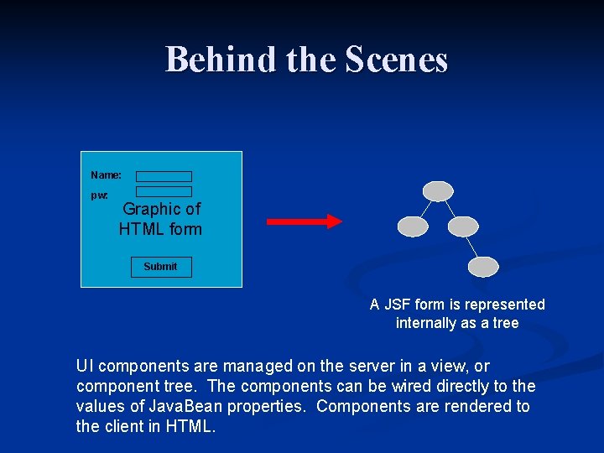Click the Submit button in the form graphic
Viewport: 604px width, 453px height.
point(160,267)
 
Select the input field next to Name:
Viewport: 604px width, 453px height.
point(164,176)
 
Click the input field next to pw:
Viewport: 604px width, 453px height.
point(164,192)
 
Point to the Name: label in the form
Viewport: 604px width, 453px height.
point(106,175)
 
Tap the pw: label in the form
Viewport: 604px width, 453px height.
point(99,195)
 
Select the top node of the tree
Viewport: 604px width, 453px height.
point(438,191)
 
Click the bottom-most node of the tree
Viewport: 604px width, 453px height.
point(483,267)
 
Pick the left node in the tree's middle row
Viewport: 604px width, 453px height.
point(413,226)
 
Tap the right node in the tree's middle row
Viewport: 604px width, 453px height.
point(463,226)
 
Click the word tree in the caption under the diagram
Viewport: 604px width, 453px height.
point(506,323)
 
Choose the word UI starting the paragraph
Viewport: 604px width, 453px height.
point(84,367)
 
